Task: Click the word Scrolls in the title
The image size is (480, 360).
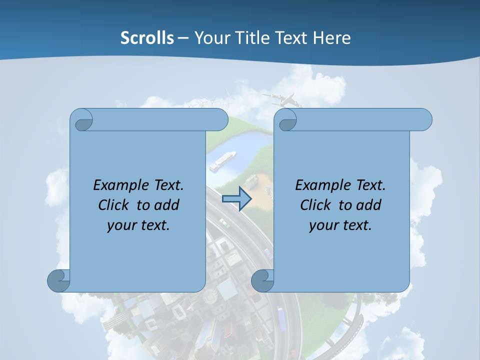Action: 147,38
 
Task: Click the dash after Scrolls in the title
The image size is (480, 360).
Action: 183,38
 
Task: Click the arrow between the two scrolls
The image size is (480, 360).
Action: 236,199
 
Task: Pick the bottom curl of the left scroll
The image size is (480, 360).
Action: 58,281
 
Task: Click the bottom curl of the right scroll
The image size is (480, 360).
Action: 262,281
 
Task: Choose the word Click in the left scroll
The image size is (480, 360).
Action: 113,205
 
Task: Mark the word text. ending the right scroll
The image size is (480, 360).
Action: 355,225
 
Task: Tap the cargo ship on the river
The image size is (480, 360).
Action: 222,160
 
